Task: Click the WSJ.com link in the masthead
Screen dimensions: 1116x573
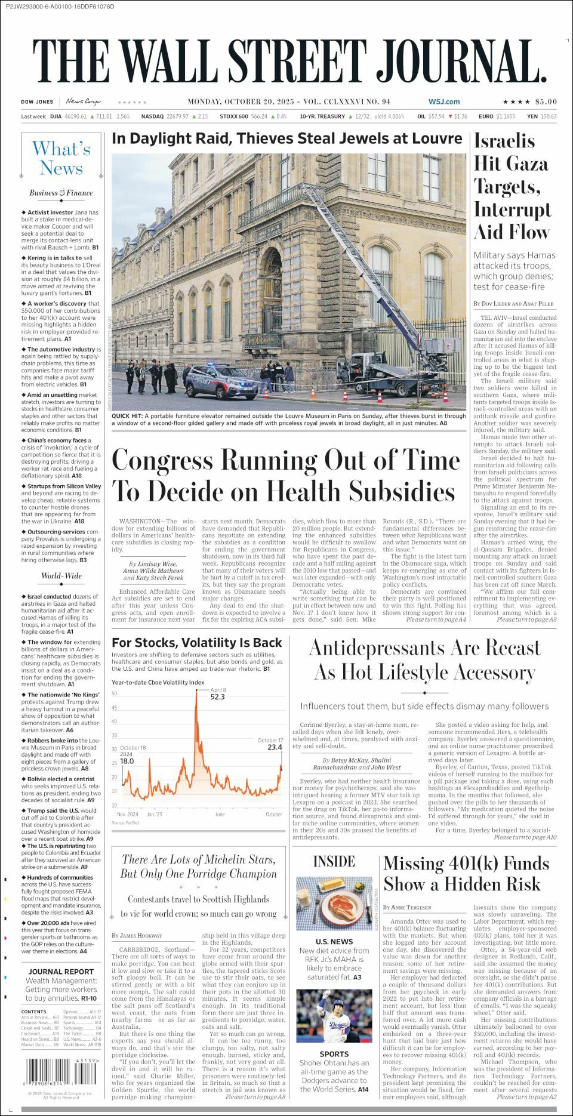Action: (x=443, y=102)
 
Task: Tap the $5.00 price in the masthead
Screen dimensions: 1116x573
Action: (x=546, y=102)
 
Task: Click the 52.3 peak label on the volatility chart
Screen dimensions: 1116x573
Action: (x=217, y=696)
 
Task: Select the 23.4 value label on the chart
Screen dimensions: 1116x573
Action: (x=275, y=747)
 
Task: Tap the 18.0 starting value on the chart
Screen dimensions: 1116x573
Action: (x=127, y=761)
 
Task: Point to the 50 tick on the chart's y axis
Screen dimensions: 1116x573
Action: (x=114, y=693)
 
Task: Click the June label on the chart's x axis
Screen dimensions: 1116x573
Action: (x=220, y=814)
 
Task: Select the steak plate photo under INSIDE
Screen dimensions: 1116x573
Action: (x=334, y=904)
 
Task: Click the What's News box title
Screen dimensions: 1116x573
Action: (x=61, y=158)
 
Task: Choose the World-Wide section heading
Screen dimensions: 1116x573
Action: (x=61, y=576)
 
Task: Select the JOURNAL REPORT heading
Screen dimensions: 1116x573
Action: (x=61, y=972)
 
